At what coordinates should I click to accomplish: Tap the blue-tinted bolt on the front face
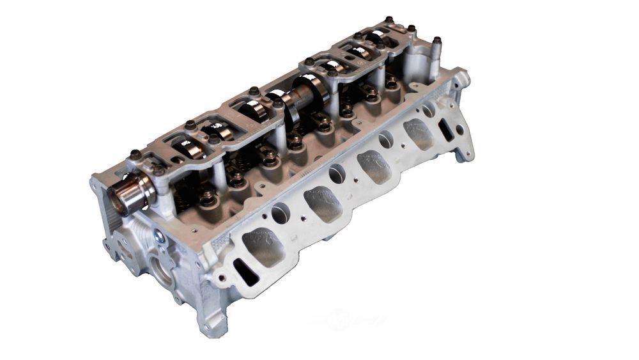tap(159, 237)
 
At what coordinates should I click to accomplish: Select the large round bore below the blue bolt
tap(160, 268)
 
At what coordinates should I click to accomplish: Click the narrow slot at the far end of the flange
tap(446, 129)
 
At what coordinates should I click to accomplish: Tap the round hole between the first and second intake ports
tap(281, 213)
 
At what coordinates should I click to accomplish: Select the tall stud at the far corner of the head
tap(436, 49)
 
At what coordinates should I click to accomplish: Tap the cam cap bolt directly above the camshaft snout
tap(135, 154)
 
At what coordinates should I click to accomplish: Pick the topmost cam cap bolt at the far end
tap(389, 20)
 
